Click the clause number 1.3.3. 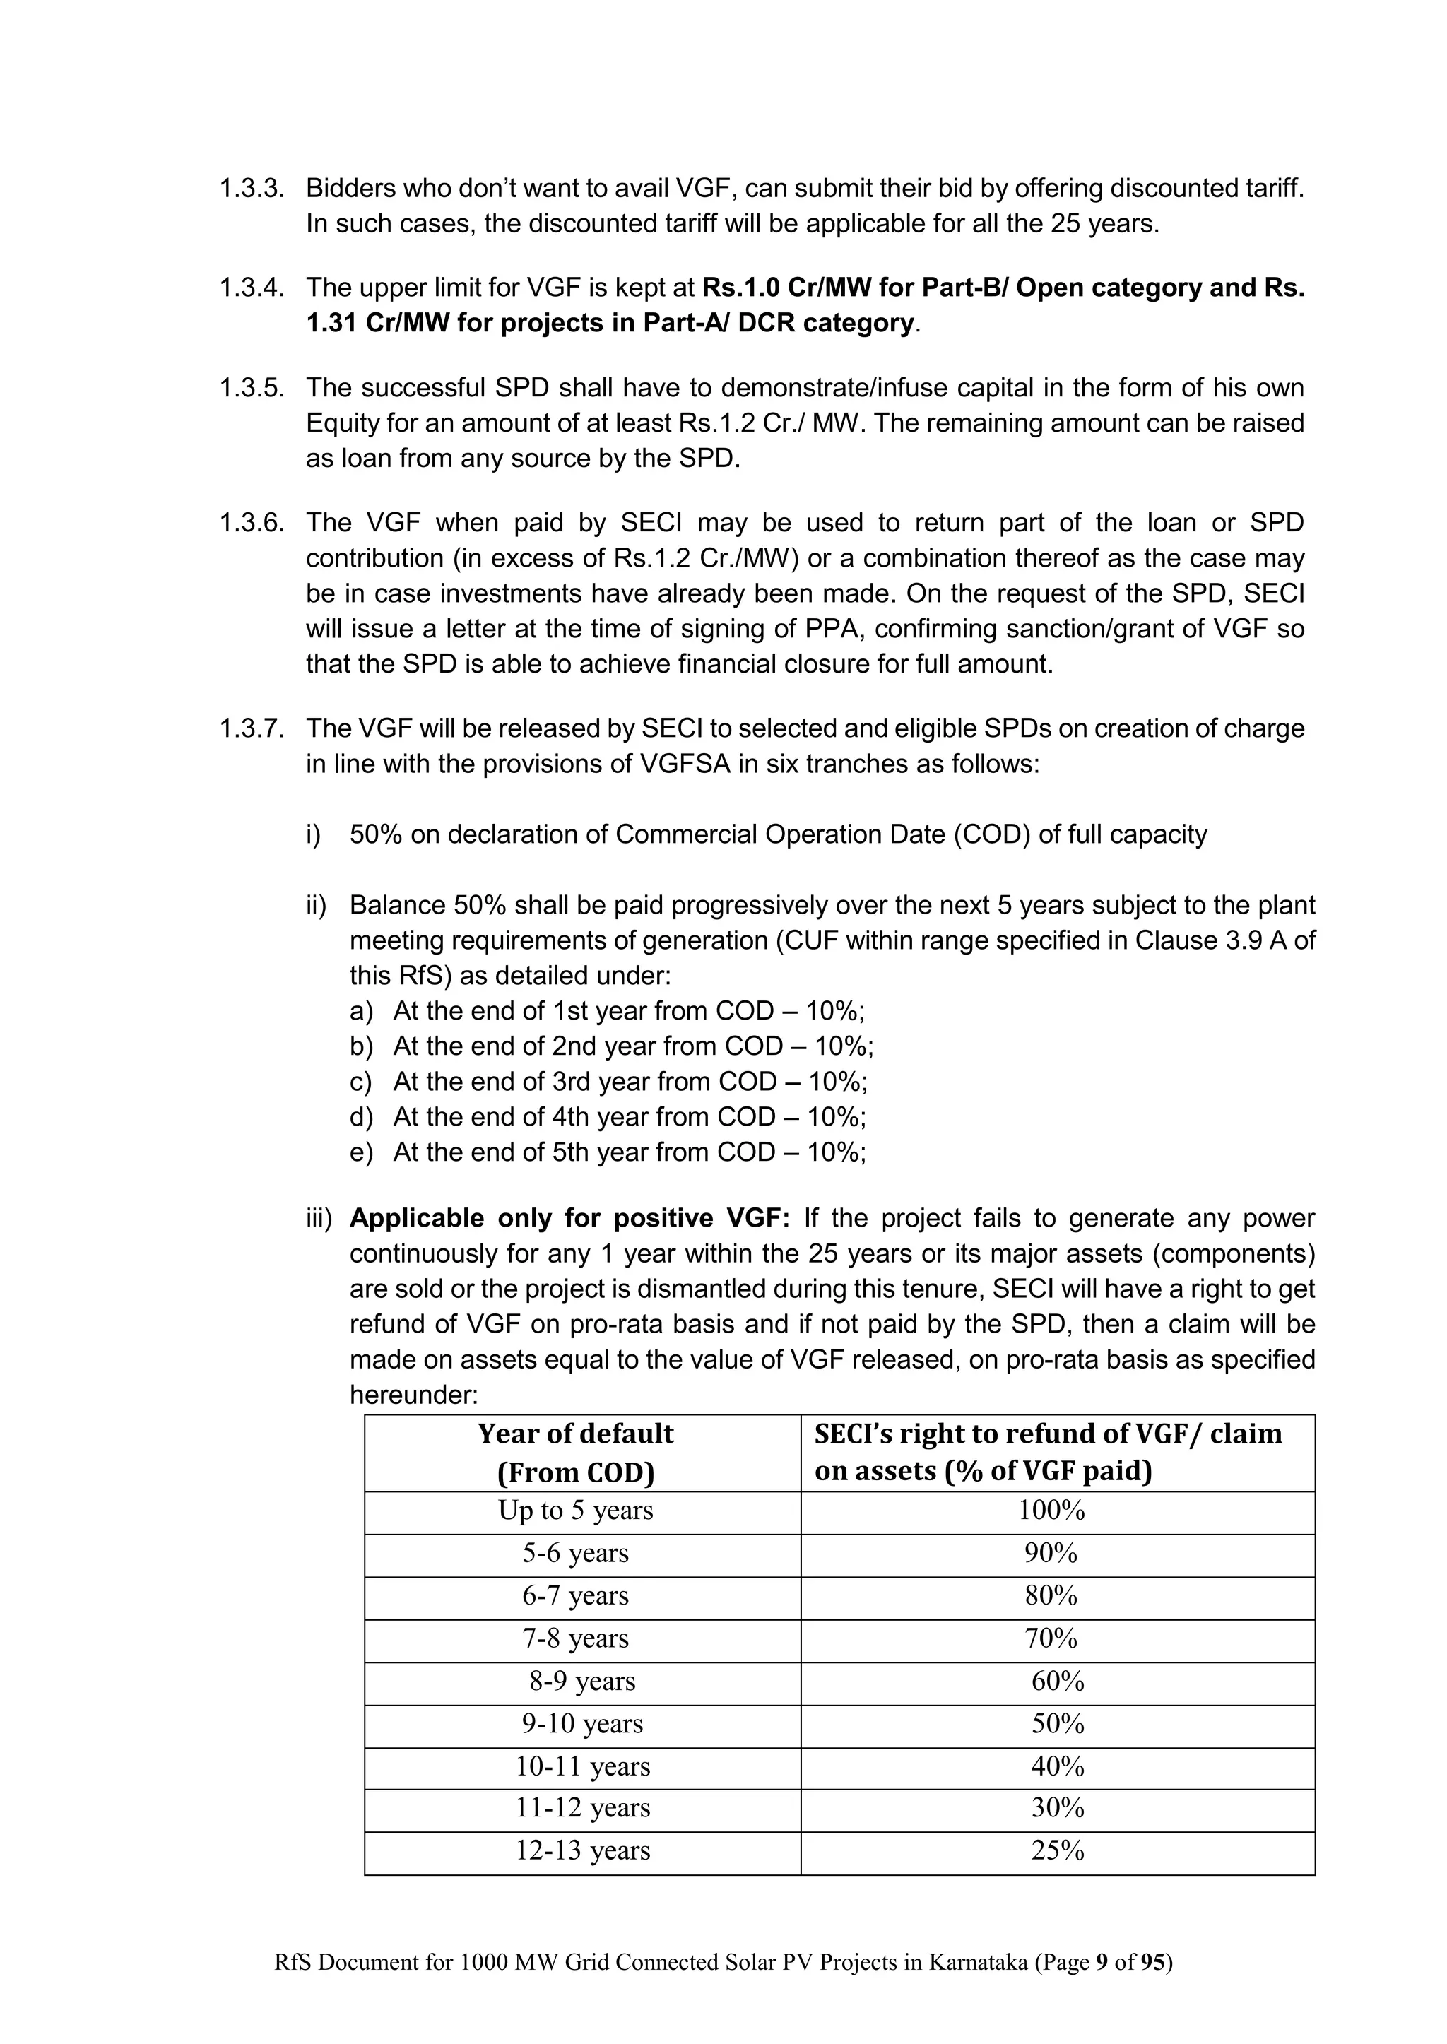coord(252,189)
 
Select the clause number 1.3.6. coord(252,523)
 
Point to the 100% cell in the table coord(1051,1511)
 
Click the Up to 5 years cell coord(576,1511)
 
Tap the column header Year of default coord(576,1434)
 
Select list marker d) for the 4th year coord(361,1116)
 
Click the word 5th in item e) coord(570,1152)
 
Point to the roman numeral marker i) coord(313,835)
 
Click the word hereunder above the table coord(413,1395)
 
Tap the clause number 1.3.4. coord(252,288)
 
